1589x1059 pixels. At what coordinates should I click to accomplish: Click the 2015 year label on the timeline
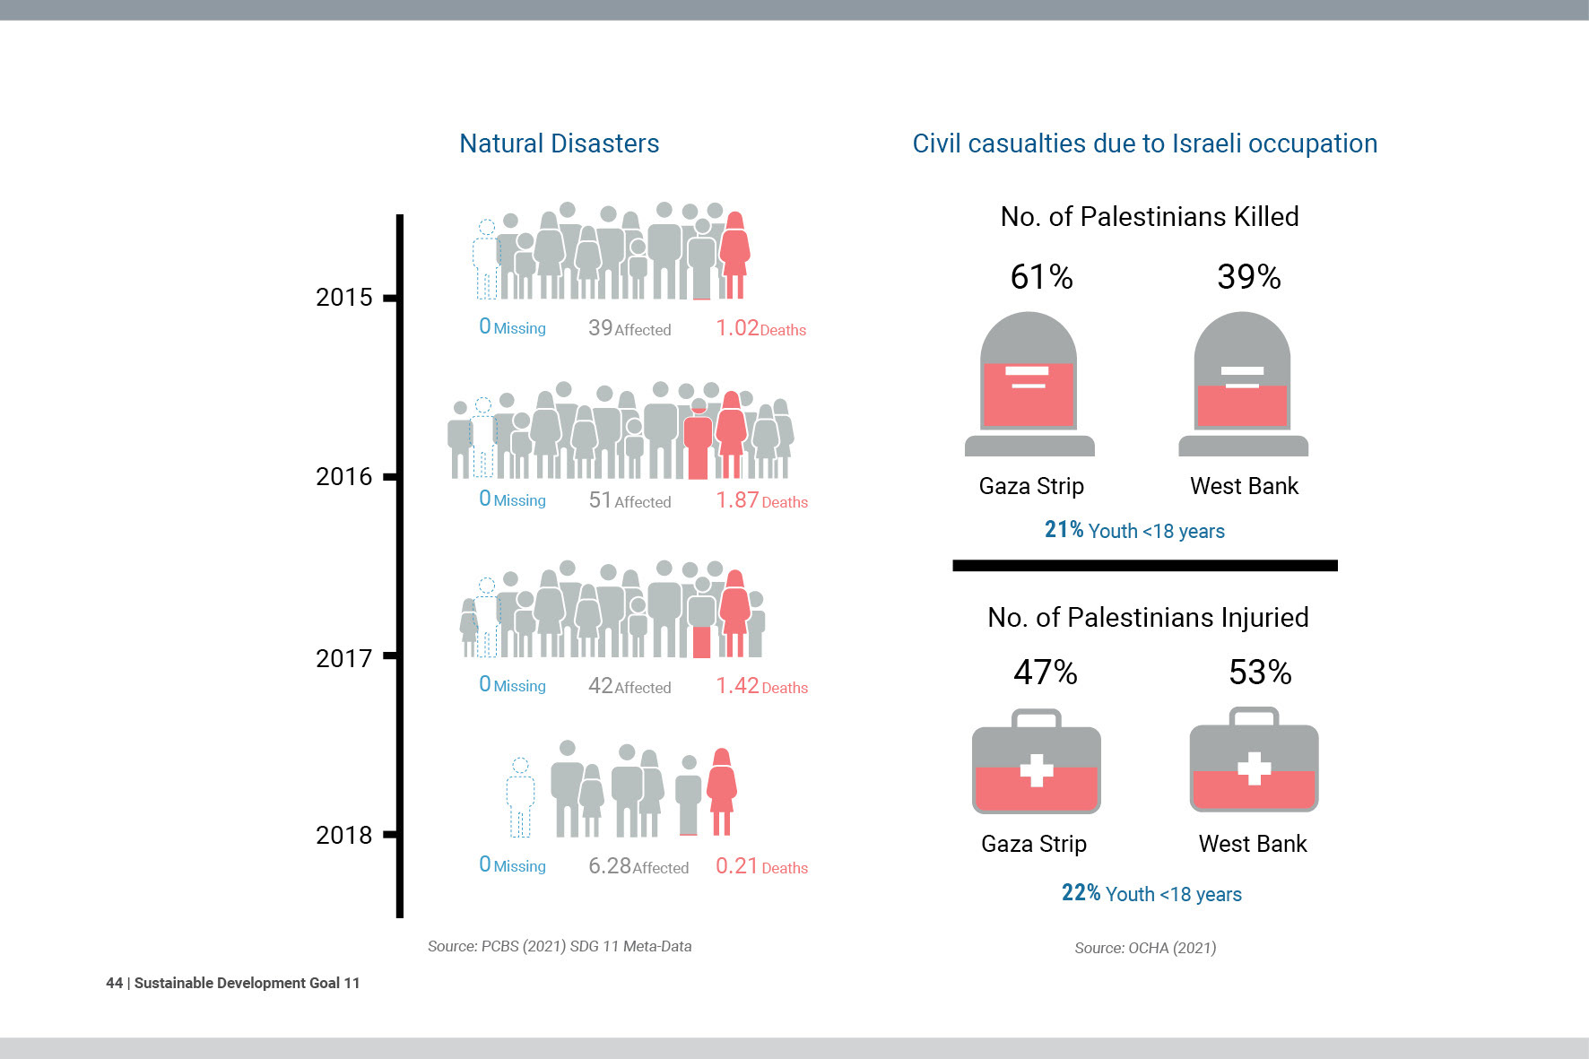point(343,297)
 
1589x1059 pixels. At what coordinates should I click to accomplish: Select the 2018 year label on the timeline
point(343,835)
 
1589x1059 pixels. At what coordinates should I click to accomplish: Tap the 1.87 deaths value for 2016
point(737,499)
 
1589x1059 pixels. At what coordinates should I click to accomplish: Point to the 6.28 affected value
point(610,865)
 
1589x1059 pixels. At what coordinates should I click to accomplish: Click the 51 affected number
point(600,499)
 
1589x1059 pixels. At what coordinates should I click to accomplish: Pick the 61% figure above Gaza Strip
point(1041,277)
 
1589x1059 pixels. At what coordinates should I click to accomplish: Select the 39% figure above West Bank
point(1248,277)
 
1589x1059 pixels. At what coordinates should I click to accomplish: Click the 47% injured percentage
point(1045,673)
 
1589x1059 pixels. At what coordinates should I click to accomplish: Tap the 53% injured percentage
point(1260,673)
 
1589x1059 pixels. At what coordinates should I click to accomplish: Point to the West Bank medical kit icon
point(1254,761)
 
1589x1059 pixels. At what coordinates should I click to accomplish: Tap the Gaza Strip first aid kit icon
point(1036,762)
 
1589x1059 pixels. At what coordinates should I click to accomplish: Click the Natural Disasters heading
point(559,143)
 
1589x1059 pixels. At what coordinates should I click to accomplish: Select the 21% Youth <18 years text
point(1134,531)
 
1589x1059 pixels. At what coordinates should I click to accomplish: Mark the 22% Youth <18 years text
point(1151,894)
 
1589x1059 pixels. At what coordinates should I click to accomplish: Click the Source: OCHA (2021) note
point(1145,948)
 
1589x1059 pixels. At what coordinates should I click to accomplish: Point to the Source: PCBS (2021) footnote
point(559,946)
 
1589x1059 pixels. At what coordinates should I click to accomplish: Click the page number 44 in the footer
point(114,983)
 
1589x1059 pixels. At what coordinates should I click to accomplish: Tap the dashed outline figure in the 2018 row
point(520,797)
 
